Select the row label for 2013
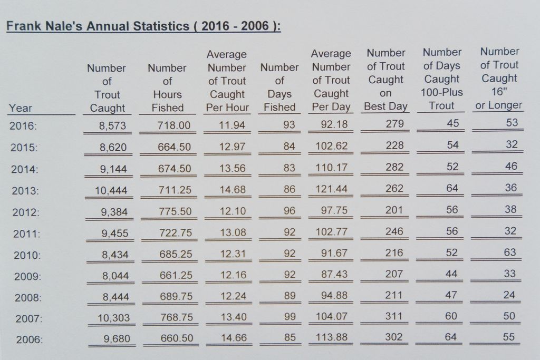point(25,191)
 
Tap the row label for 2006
point(30,339)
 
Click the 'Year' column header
point(21,108)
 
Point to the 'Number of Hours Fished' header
point(167,88)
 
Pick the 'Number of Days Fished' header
point(279,87)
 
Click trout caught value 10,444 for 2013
point(111,190)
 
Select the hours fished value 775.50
point(175,211)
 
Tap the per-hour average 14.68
point(233,190)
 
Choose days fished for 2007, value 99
point(290,316)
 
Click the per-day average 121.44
point(332,189)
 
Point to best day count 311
point(393,316)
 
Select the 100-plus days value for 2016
point(453,123)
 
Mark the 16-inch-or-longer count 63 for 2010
point(510,252)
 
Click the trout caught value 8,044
point(115,276)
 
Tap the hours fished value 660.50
point(177,338)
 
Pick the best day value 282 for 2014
point(394,167)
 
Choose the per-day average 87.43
point(334,274)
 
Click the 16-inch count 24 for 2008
point(509,295)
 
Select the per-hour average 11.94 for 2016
point(232,124)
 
